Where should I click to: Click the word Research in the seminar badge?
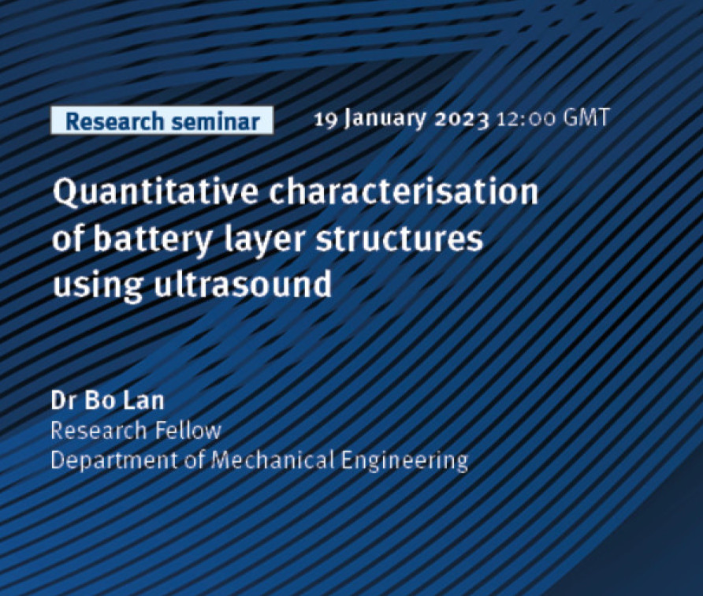click(x=114, y=121)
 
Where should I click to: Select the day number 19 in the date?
click(x=325, y=119)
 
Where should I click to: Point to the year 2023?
click(x=463, y=120)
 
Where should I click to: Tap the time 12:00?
click(x=526, y=119)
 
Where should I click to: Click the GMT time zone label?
click(x=586, y=118)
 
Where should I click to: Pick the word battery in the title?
click(x=152, y=240)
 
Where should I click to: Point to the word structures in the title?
click(x=400, y=238)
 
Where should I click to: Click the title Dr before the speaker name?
click(x=63, y=400)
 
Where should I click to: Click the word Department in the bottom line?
click(x=114, y=461)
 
